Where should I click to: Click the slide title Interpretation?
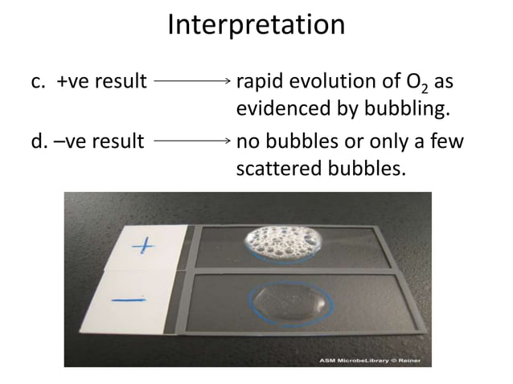pyautogui.click(x=256, y=26)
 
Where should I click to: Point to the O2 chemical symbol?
pyautogui.click(x=432, y=82)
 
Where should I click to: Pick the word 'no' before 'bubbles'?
pyautogui.click(x=246, y=143)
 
